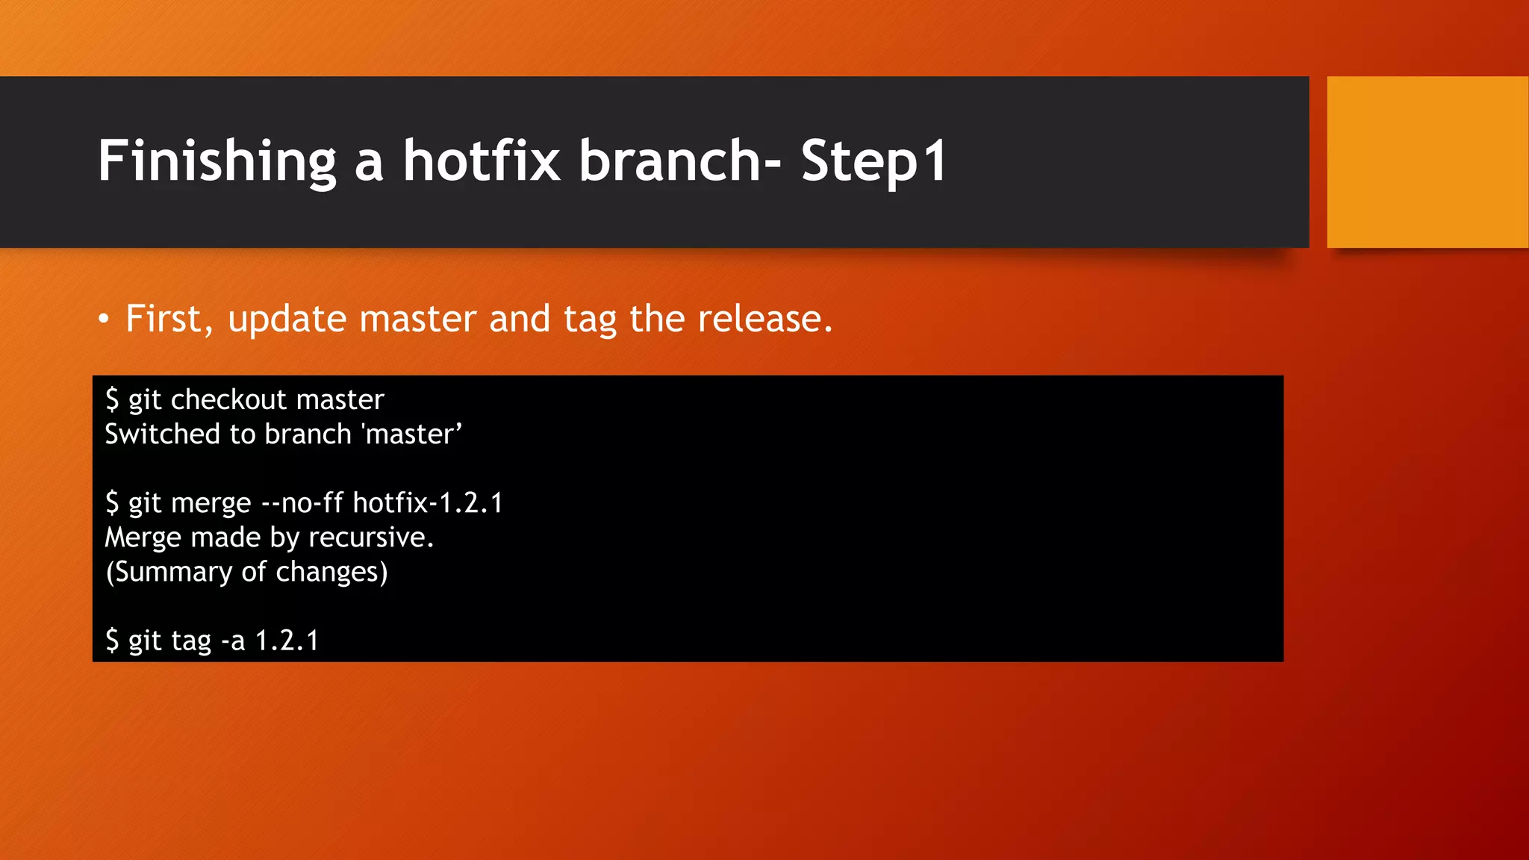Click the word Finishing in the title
pos(217,161)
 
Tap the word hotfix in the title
pos(482,161)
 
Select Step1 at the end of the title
pos(874,161)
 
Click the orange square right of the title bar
pos(1427,162)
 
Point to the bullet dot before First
pos(104,320)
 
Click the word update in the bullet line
pos(287,320)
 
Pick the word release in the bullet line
pos(764,320)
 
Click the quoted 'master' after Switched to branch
pos(412,434)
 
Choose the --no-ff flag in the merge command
pos(302,503)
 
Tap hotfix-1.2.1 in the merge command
pos(428,503)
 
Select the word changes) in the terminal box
pos(331,572)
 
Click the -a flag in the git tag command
pos(233,641)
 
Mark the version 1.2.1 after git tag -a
pos(287,641)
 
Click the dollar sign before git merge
pos(112,503)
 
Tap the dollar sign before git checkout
pos(112,400)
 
